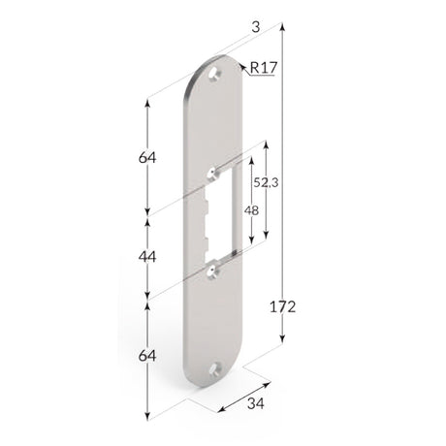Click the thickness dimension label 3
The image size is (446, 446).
point(255,30)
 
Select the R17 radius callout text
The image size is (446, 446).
point(264,68)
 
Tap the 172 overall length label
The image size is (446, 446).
point(283,307)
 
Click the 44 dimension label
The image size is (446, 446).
point(147,256)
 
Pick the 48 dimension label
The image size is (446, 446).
point(251,210)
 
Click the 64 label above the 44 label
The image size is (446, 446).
point(147,156)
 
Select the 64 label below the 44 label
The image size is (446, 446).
point(147,356)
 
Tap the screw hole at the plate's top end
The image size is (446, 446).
point(218,71)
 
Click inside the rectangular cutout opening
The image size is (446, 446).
point(220,218)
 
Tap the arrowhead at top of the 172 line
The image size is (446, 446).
point(283,31)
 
